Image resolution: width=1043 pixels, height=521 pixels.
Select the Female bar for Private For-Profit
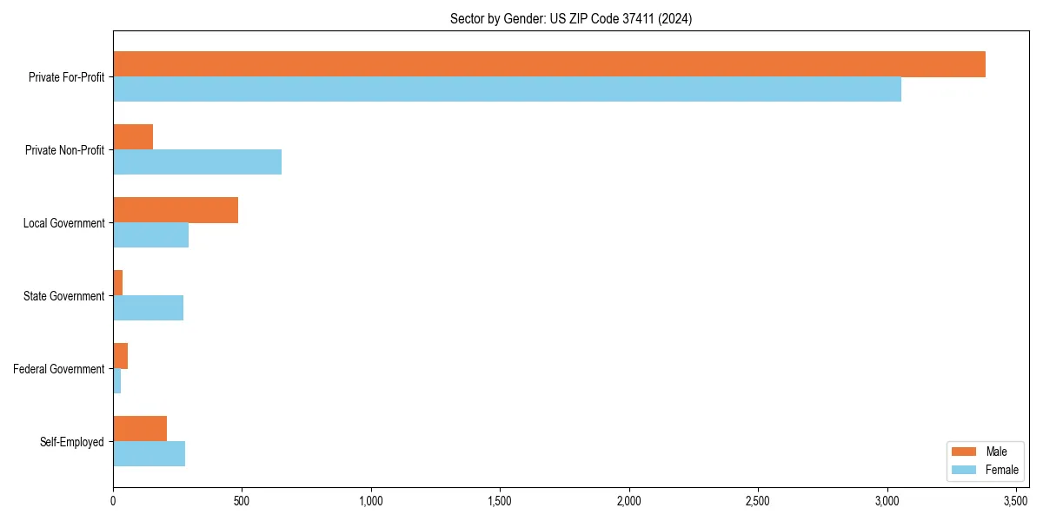[x=507, y=89]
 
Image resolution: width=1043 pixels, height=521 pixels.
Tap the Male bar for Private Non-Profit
[x=133, y=137]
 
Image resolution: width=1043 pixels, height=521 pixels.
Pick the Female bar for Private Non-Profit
[x=197, y=162]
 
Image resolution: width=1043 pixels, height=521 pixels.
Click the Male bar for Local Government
[x=176, y=210]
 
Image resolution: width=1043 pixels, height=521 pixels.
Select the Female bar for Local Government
[x=150, y=235]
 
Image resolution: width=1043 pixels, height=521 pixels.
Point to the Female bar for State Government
[x=148, y=308]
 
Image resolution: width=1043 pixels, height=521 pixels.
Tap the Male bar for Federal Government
[x=120, y=356]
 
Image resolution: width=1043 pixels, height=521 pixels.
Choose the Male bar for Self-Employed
[x=140, y=429]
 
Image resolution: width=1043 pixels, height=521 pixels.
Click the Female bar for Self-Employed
[x=149, y=454]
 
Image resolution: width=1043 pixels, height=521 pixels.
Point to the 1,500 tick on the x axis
[x=500, y=502]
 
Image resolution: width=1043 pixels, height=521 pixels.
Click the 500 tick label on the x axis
[x=242, y=502]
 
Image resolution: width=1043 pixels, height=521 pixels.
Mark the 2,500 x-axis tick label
[x=758, y=502]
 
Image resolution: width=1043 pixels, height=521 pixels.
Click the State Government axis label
[x=64, y=296]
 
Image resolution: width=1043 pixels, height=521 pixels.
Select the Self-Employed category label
[x=72, y=442]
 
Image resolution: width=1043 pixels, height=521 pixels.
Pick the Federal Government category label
[x=59, y=369]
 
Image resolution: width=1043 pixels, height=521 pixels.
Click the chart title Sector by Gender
[x=570, y=19]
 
